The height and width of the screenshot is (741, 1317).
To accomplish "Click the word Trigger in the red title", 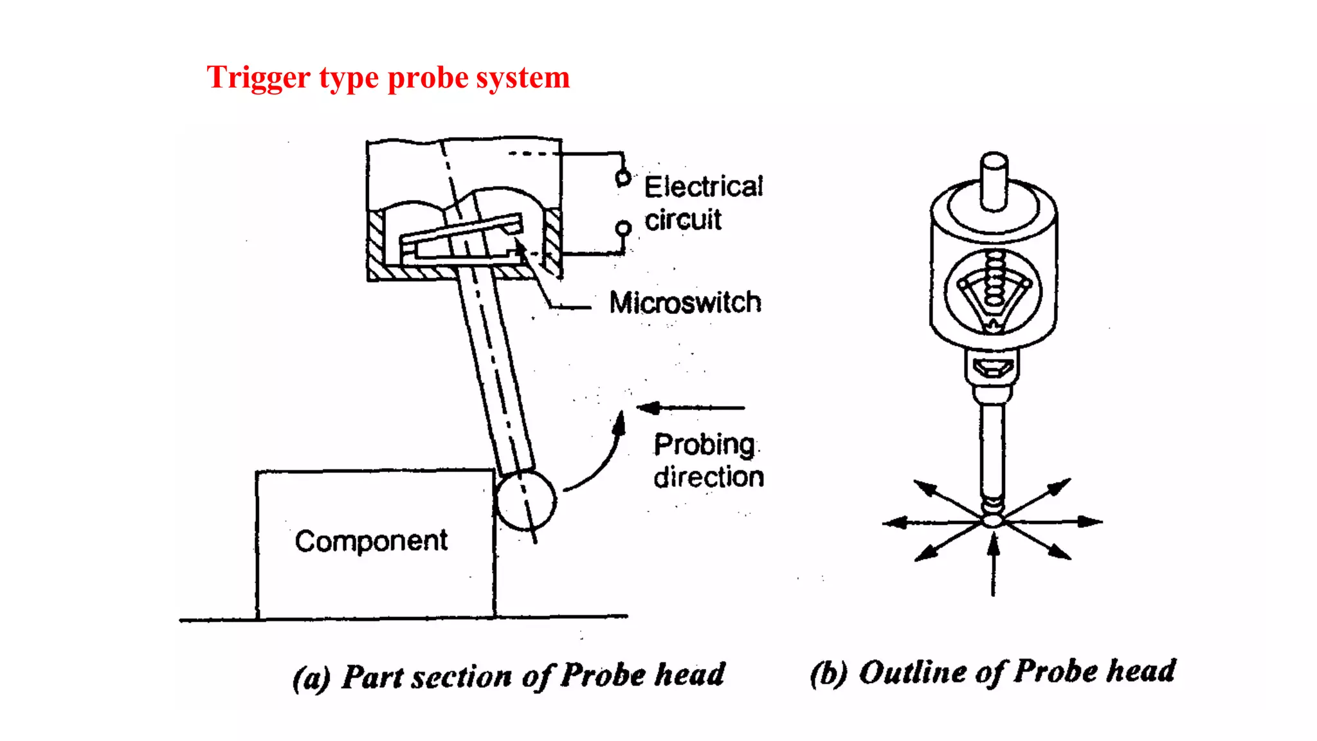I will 259,78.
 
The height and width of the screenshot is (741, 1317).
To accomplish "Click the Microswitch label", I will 685,302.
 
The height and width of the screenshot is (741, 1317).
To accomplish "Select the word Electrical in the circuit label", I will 704,187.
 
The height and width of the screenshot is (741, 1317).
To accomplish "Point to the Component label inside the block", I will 371,541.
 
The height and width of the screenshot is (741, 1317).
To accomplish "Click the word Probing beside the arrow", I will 704,444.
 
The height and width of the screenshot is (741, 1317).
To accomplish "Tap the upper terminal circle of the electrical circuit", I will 622,177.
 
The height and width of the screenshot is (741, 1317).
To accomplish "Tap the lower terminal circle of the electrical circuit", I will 623,228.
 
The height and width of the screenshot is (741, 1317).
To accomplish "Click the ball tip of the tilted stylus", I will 525,500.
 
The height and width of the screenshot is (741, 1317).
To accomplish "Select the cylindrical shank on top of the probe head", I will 994,180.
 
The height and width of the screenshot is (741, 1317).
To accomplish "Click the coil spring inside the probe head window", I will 994,283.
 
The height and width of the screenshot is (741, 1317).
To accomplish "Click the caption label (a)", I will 311,678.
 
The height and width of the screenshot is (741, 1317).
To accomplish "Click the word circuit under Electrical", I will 683,220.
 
